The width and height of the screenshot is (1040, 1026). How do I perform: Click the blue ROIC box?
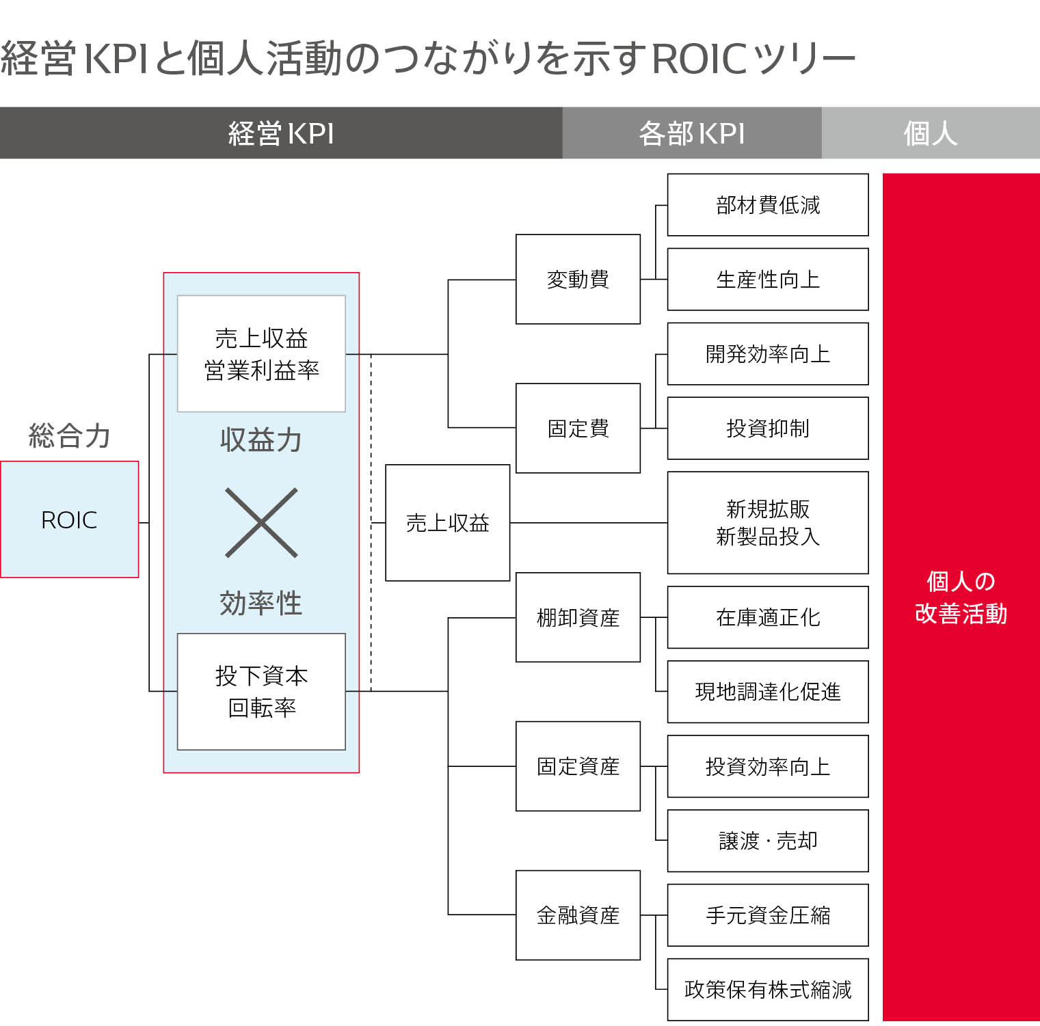(69, 519)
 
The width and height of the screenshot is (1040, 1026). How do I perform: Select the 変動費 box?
(578, 279)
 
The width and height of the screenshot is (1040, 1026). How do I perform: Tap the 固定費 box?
(578, 428)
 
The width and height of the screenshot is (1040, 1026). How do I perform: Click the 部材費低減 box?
(767, 204)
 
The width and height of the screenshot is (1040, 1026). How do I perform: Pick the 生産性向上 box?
(767, 279)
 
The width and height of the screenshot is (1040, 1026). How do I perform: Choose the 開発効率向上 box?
(767, 353)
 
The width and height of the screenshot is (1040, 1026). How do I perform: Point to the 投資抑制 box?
(767, 428)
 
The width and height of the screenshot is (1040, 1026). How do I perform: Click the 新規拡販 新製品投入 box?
(767, 522)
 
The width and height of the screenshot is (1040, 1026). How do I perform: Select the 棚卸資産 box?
(578, 617)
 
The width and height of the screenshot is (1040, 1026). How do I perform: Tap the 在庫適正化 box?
(767, 617)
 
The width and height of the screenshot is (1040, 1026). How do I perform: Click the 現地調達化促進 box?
(767, 692)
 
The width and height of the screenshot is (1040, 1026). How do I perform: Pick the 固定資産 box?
(578, 766)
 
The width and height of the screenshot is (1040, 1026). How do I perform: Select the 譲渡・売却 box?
(767, 841)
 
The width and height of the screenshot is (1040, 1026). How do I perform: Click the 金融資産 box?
(578, 915)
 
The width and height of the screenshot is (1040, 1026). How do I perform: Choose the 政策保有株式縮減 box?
(767, 990)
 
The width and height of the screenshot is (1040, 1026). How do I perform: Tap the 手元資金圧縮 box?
(767, 915)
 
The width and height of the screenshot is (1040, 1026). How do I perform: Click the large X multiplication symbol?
(261, 523)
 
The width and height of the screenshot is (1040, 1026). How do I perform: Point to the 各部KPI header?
(691, 133)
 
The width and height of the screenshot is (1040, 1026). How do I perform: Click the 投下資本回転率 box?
(261, 691)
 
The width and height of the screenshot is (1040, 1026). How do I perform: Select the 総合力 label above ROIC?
(69, 435)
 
